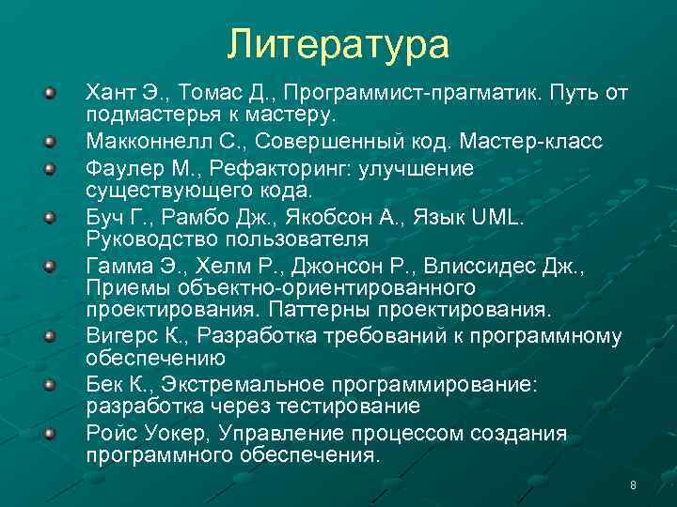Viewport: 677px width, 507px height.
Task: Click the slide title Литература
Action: point(338,44)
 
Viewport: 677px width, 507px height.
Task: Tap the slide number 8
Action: point(633,484)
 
